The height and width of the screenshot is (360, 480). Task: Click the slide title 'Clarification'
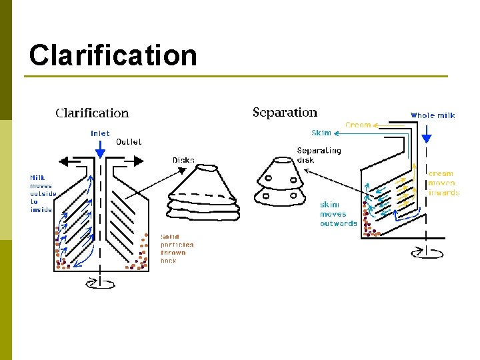pos(113,55)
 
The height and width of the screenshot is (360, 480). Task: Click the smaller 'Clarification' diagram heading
pos(92,113)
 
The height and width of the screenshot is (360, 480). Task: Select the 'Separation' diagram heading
pos(285,112)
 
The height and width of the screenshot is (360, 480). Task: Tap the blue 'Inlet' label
pos(100,133)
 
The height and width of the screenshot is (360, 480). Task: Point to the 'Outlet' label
pos(129,141)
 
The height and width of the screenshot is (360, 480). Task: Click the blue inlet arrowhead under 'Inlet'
pos(100,153)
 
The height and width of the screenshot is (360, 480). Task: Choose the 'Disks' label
pos(183,160)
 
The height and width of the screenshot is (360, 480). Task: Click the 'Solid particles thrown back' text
pos(177,249)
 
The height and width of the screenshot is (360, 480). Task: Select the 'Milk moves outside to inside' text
pos(43,194)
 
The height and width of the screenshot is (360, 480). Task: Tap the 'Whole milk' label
pos(432,115)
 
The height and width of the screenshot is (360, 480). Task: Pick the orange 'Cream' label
pos(358,125)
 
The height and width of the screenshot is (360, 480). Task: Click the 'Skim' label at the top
pos(321,133)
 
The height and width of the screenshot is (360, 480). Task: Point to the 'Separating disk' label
pos(319,155)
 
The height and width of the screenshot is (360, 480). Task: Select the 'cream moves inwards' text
pos(443,183)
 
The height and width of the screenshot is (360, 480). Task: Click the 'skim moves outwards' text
pos(338,214)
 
